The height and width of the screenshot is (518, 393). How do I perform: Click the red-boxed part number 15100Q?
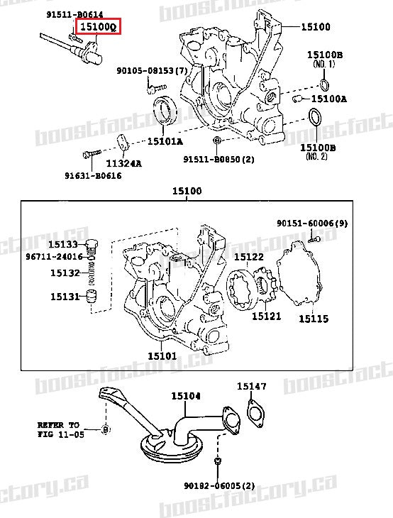tap(99, 28)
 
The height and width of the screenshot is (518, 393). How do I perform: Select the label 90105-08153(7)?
tap(152, 70)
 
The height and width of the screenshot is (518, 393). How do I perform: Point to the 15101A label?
tap(165, 141)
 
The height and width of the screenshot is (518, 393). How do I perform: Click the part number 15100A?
tap(329, 99)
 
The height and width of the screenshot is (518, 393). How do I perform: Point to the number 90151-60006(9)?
tap(311, 224)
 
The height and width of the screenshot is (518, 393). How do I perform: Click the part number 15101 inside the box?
tap(162, 354)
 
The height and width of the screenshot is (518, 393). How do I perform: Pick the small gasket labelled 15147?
tap(253, 412)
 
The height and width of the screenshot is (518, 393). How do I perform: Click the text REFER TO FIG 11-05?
tap(60, 429)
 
